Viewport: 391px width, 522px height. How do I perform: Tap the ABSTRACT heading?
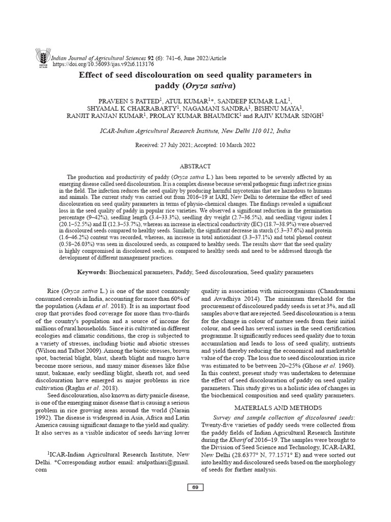coord(195,167)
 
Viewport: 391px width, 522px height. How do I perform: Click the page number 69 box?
coord(195,488)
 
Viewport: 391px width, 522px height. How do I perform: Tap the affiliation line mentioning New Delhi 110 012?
coord(195,131)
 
